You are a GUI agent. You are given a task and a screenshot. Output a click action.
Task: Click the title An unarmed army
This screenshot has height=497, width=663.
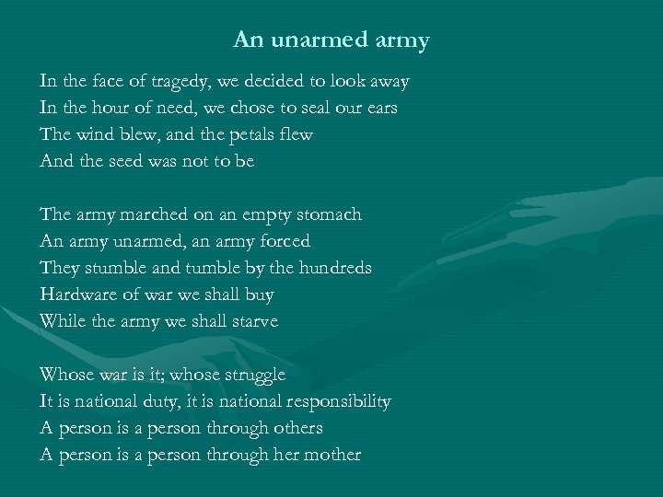331,40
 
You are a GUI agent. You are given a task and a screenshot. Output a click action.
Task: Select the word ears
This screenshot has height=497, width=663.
380,108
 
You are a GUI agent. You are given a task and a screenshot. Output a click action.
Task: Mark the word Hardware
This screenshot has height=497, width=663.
79,295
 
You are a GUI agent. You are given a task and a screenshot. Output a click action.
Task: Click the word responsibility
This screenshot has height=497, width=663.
338,401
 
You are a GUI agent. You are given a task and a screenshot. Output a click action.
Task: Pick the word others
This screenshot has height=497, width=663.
296,428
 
